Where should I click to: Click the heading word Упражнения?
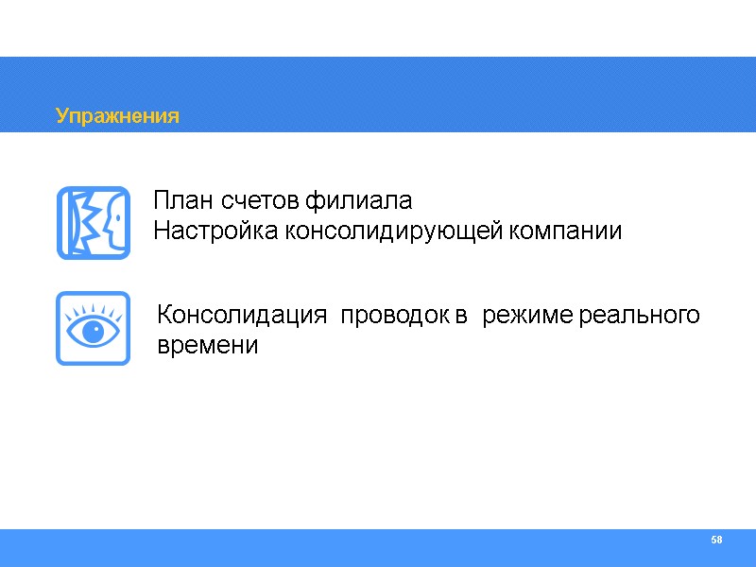(x=117, y=116)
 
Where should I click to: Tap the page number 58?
(x=716, y=540)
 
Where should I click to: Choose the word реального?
(x=639, y=316)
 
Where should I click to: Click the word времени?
(x=208, y=345)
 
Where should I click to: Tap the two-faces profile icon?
(x=93, y=222)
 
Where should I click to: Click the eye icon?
(x=93, y=328)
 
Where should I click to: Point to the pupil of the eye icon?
(x=93, y=333)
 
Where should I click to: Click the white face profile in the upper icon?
(x=112, y=222)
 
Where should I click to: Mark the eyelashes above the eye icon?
(x=93, y=309)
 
